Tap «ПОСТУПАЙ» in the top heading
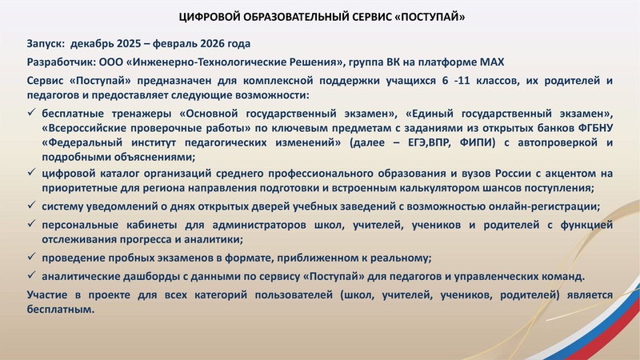pyautogui.click(x=428, y=16)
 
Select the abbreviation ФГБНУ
pyautogui.click(x=595, y=127)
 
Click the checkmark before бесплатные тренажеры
pyautogui.click(x=31, y=112)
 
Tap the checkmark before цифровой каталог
pyautogui.click(x=31, y=173)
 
